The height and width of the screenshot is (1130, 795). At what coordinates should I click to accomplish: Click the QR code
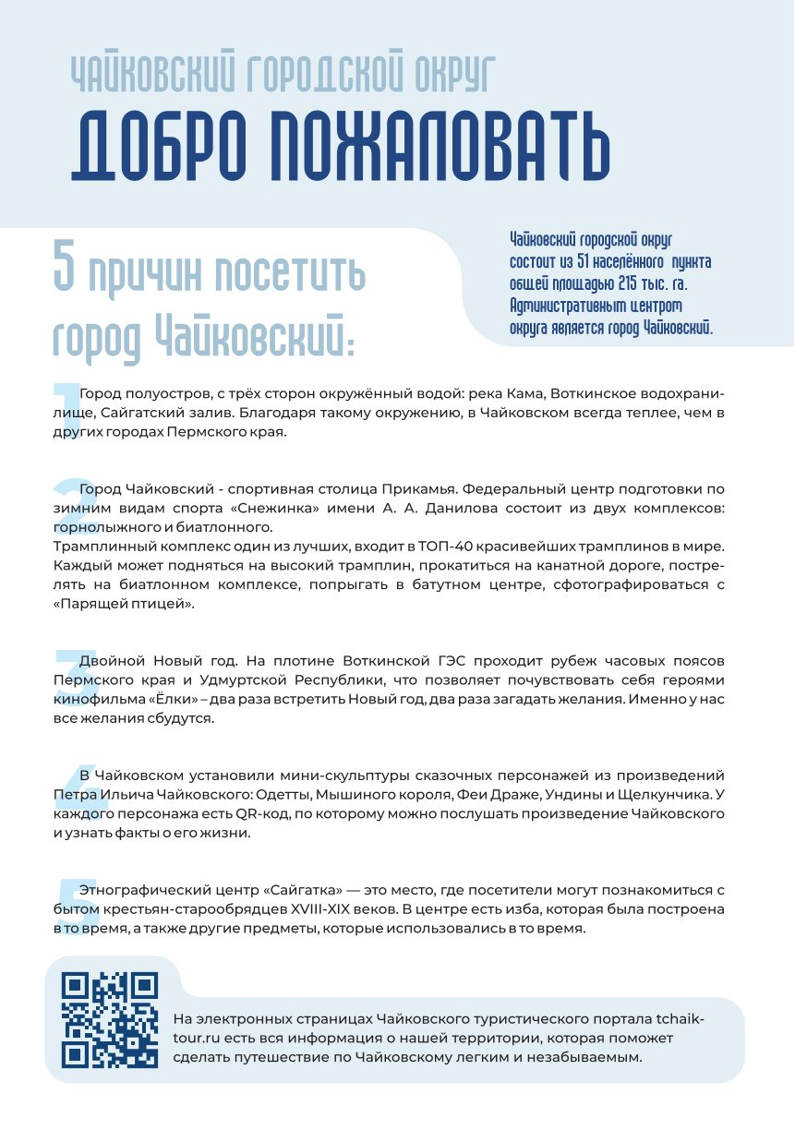(x=110, y=1018)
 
